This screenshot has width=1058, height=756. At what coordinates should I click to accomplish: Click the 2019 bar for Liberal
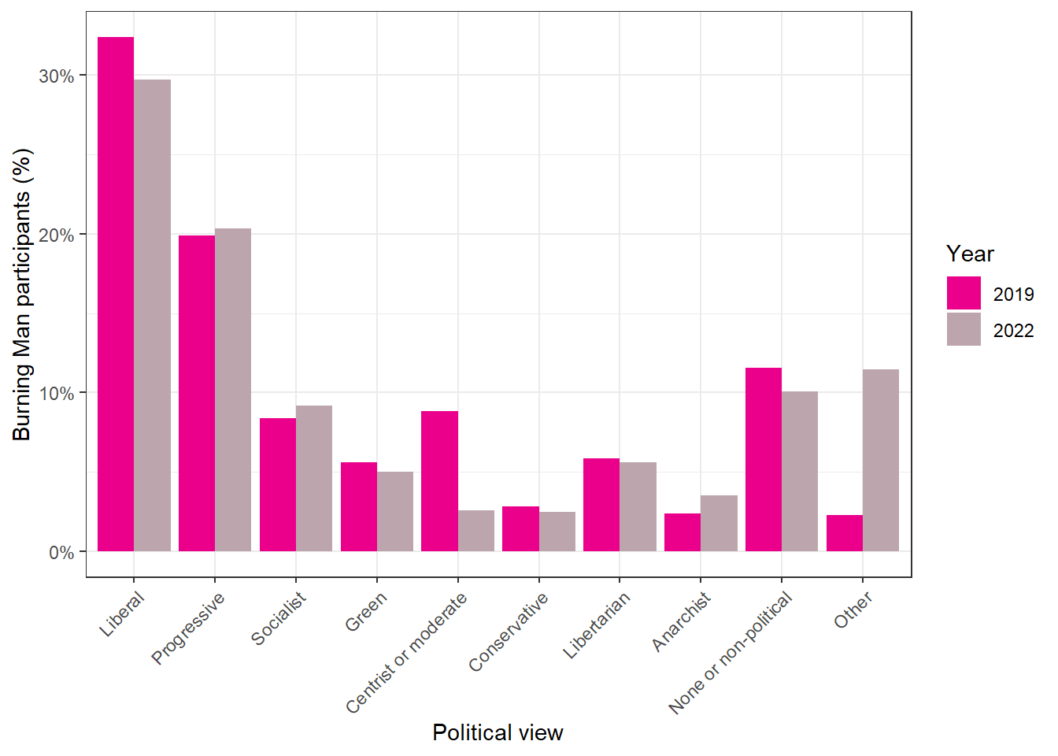116,294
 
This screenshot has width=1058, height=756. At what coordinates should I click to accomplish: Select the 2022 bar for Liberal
153,315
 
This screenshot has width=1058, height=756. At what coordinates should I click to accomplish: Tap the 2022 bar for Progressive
233,390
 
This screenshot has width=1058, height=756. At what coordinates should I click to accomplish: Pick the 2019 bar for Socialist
278,485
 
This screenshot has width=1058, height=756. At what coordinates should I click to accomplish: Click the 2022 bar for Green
395,511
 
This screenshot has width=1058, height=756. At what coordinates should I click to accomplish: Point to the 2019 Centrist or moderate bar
440,481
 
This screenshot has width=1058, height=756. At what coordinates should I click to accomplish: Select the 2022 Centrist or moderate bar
476,531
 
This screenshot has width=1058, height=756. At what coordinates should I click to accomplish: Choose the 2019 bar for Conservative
520,528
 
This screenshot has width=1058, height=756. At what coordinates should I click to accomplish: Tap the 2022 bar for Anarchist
719,523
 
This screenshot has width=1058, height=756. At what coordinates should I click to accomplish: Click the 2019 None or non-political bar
764,459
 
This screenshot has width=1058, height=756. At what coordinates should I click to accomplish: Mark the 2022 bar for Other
881,460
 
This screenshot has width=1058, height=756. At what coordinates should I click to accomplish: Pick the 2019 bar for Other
845,533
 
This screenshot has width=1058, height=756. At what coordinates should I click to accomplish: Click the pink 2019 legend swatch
964,293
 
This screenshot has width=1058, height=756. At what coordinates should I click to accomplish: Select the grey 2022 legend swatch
964,329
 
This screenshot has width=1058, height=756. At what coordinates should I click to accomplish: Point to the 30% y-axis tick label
57,76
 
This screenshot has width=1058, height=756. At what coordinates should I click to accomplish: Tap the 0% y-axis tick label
61,552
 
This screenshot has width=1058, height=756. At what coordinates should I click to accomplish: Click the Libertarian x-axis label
597,624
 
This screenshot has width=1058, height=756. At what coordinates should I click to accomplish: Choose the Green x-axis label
366,611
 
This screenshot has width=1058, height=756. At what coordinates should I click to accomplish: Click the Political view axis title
498,733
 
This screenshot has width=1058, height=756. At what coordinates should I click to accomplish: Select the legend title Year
970,254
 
